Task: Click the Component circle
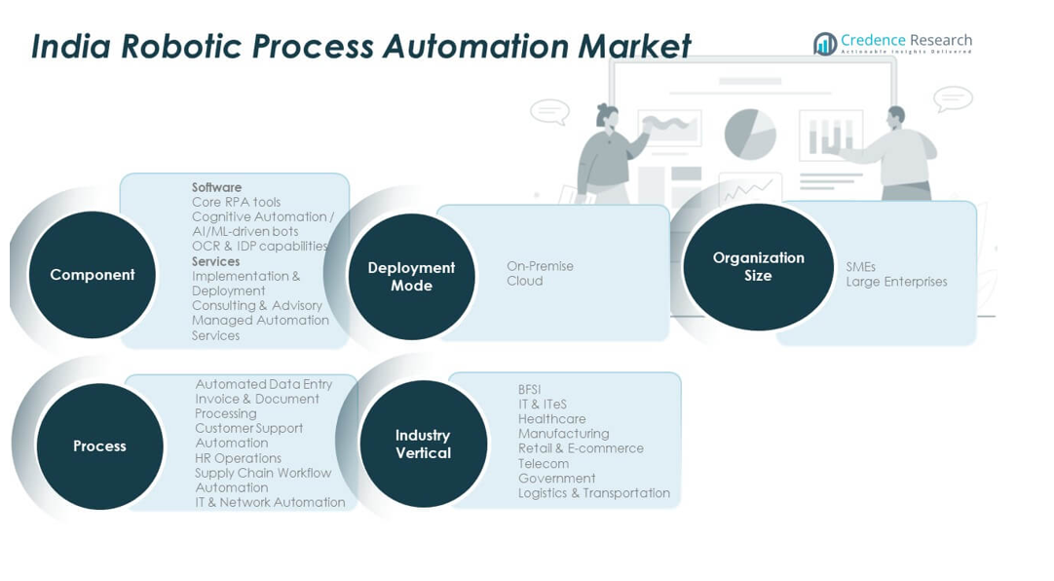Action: point(93,275)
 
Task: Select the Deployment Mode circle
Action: point(411,277)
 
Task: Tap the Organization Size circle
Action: point(758,267)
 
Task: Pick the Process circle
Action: point(99,446)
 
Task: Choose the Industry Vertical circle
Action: point(423,445)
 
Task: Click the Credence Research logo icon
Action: point(825,44)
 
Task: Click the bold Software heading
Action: point(216,187)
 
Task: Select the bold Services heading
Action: point(215,261)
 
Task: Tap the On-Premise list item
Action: point(540,266)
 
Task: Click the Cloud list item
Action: point(524,281)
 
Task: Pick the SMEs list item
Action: point(860,267)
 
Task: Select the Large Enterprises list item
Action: point(896,282)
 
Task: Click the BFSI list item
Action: point(529,390)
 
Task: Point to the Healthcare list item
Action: point(551,419)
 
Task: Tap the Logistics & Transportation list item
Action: point(593,493)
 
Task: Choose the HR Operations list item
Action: point(238,458)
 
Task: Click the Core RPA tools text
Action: point(236,202)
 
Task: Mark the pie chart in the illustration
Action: point(750,134)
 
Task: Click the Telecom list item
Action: point(543,464)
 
